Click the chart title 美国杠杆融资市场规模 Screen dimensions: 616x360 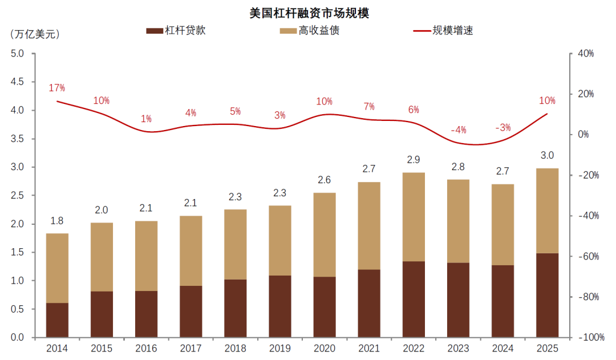(x=309, y=13)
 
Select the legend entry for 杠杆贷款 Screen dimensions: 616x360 (x=176, y=31)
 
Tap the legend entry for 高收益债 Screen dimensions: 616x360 (x=310, y=31)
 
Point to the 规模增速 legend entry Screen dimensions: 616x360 (x=443, y=31)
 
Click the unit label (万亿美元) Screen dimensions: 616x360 (x=35, y=35)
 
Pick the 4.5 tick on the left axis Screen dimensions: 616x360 (x=17, y=82)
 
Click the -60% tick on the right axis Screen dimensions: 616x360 (x=589, y=256)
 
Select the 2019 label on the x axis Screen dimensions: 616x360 (x=279, y=348)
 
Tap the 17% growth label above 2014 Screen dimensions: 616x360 (x=57, y=88)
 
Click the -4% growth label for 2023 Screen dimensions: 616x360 (x=459, y=130)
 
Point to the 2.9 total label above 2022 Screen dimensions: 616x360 (x=414, y=160)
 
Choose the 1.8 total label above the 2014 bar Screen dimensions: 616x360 (x=57, y=221)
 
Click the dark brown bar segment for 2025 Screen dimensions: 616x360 (x=547, y=295)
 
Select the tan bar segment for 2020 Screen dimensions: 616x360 (x=325, y=234)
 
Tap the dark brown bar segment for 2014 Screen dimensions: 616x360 (x=58, y=320)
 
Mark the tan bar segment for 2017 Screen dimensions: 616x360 (x=191, y=250)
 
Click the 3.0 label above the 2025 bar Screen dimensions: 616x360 (x=547, y=155)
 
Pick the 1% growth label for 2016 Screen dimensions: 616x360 (x=146, y=119)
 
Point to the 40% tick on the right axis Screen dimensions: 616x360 (x=586, y=54)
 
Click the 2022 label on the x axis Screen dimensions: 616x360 (x=414, y=348)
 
